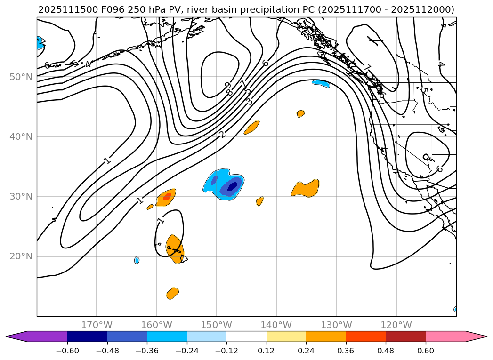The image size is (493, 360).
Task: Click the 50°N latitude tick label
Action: [x=22, y=77]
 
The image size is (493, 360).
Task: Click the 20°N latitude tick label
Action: [x=22, y=256]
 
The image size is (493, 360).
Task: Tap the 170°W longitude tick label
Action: [x=97, y=325]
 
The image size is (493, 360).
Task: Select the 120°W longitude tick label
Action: [x=396, y=325]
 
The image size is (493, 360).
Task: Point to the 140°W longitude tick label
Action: [x=276, y=325]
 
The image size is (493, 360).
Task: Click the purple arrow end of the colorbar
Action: [x=14, y=336]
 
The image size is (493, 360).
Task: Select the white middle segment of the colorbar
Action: [x=246, y=336]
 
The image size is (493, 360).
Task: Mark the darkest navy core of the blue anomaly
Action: [x=232, y=186]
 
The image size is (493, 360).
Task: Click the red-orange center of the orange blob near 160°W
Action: [x=167, y=197]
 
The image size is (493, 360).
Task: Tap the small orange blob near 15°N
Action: [x=173, y=293]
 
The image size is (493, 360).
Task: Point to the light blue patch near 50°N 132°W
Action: [x=321, y=84]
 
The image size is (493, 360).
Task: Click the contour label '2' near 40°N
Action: [x=222, y=135]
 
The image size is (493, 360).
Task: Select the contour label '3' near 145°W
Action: [x=249, y=101]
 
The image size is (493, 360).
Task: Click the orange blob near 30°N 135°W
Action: [x=306, y=188]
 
